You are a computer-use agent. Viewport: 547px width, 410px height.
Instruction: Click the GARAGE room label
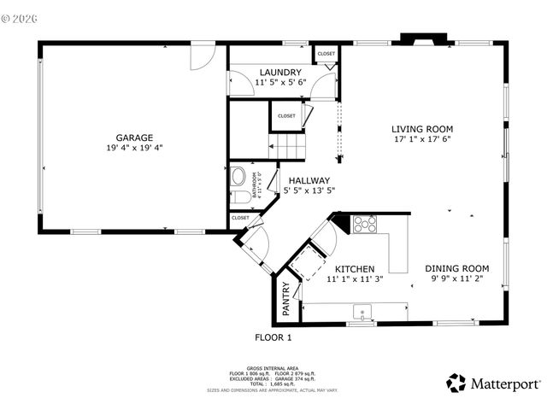click(x=135, y=137)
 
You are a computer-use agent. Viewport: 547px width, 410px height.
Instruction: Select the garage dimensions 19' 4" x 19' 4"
click(x=135, y=148)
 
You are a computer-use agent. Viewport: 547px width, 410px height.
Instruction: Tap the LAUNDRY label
click(x=279, y=73)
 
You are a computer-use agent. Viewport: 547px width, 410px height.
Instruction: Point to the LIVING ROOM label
click(x=422, y=129)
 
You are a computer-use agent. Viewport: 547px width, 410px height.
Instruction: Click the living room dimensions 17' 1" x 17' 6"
click(x=422, y=139)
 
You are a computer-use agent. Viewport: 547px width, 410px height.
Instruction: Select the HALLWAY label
click(x=309, y=180)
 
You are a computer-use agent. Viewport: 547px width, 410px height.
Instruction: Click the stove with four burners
click(x=365, y=225)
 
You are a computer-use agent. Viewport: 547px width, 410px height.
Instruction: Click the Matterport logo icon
click(x=456, y=384)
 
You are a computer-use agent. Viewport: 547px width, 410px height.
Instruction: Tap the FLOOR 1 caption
click(x=273, y=337)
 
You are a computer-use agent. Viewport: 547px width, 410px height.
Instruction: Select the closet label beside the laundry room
click(x=326, y=54)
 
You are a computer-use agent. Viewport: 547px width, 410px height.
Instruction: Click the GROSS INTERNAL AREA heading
click(x=273, y=369)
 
